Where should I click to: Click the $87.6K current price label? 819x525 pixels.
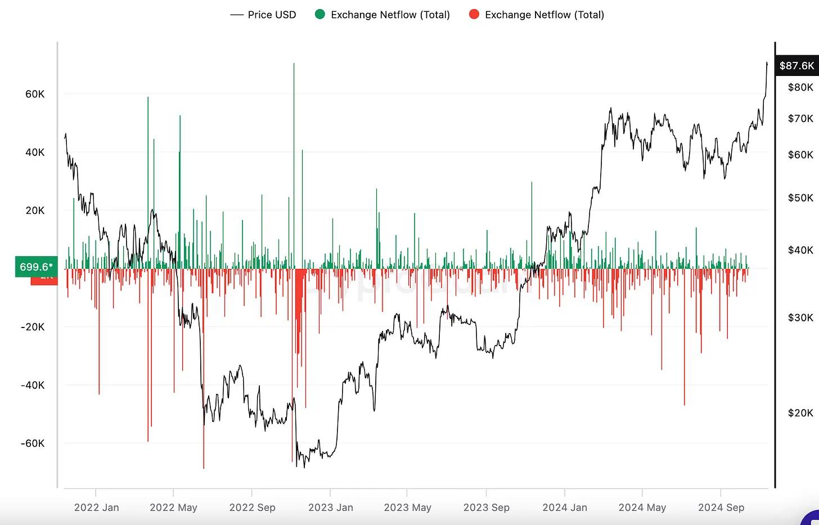point(796,66)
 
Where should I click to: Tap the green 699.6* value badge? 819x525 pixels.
point(36,267)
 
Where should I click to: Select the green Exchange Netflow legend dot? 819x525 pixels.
point(320,15)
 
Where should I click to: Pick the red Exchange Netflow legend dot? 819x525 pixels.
point(474,15)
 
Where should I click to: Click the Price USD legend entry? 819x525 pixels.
point(263,15)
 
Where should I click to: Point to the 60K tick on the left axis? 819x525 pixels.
point(35,94)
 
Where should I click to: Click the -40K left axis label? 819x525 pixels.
point(33,385)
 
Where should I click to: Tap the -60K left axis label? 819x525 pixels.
point(33,443)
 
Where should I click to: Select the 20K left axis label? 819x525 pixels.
point(35,210)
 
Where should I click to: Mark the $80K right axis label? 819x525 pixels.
point(800,87)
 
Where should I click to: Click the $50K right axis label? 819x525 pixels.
point(800,198)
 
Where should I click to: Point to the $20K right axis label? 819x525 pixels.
point(800,413)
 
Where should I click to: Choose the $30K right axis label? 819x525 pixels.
point(800,318)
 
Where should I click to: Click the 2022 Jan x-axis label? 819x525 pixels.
point(96,508)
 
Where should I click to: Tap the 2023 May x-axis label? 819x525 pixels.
point(407,508)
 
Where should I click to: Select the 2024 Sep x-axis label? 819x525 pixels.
point(721,508)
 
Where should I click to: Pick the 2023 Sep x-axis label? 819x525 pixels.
point(486,508)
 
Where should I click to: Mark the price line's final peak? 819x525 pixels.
point(767,63)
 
